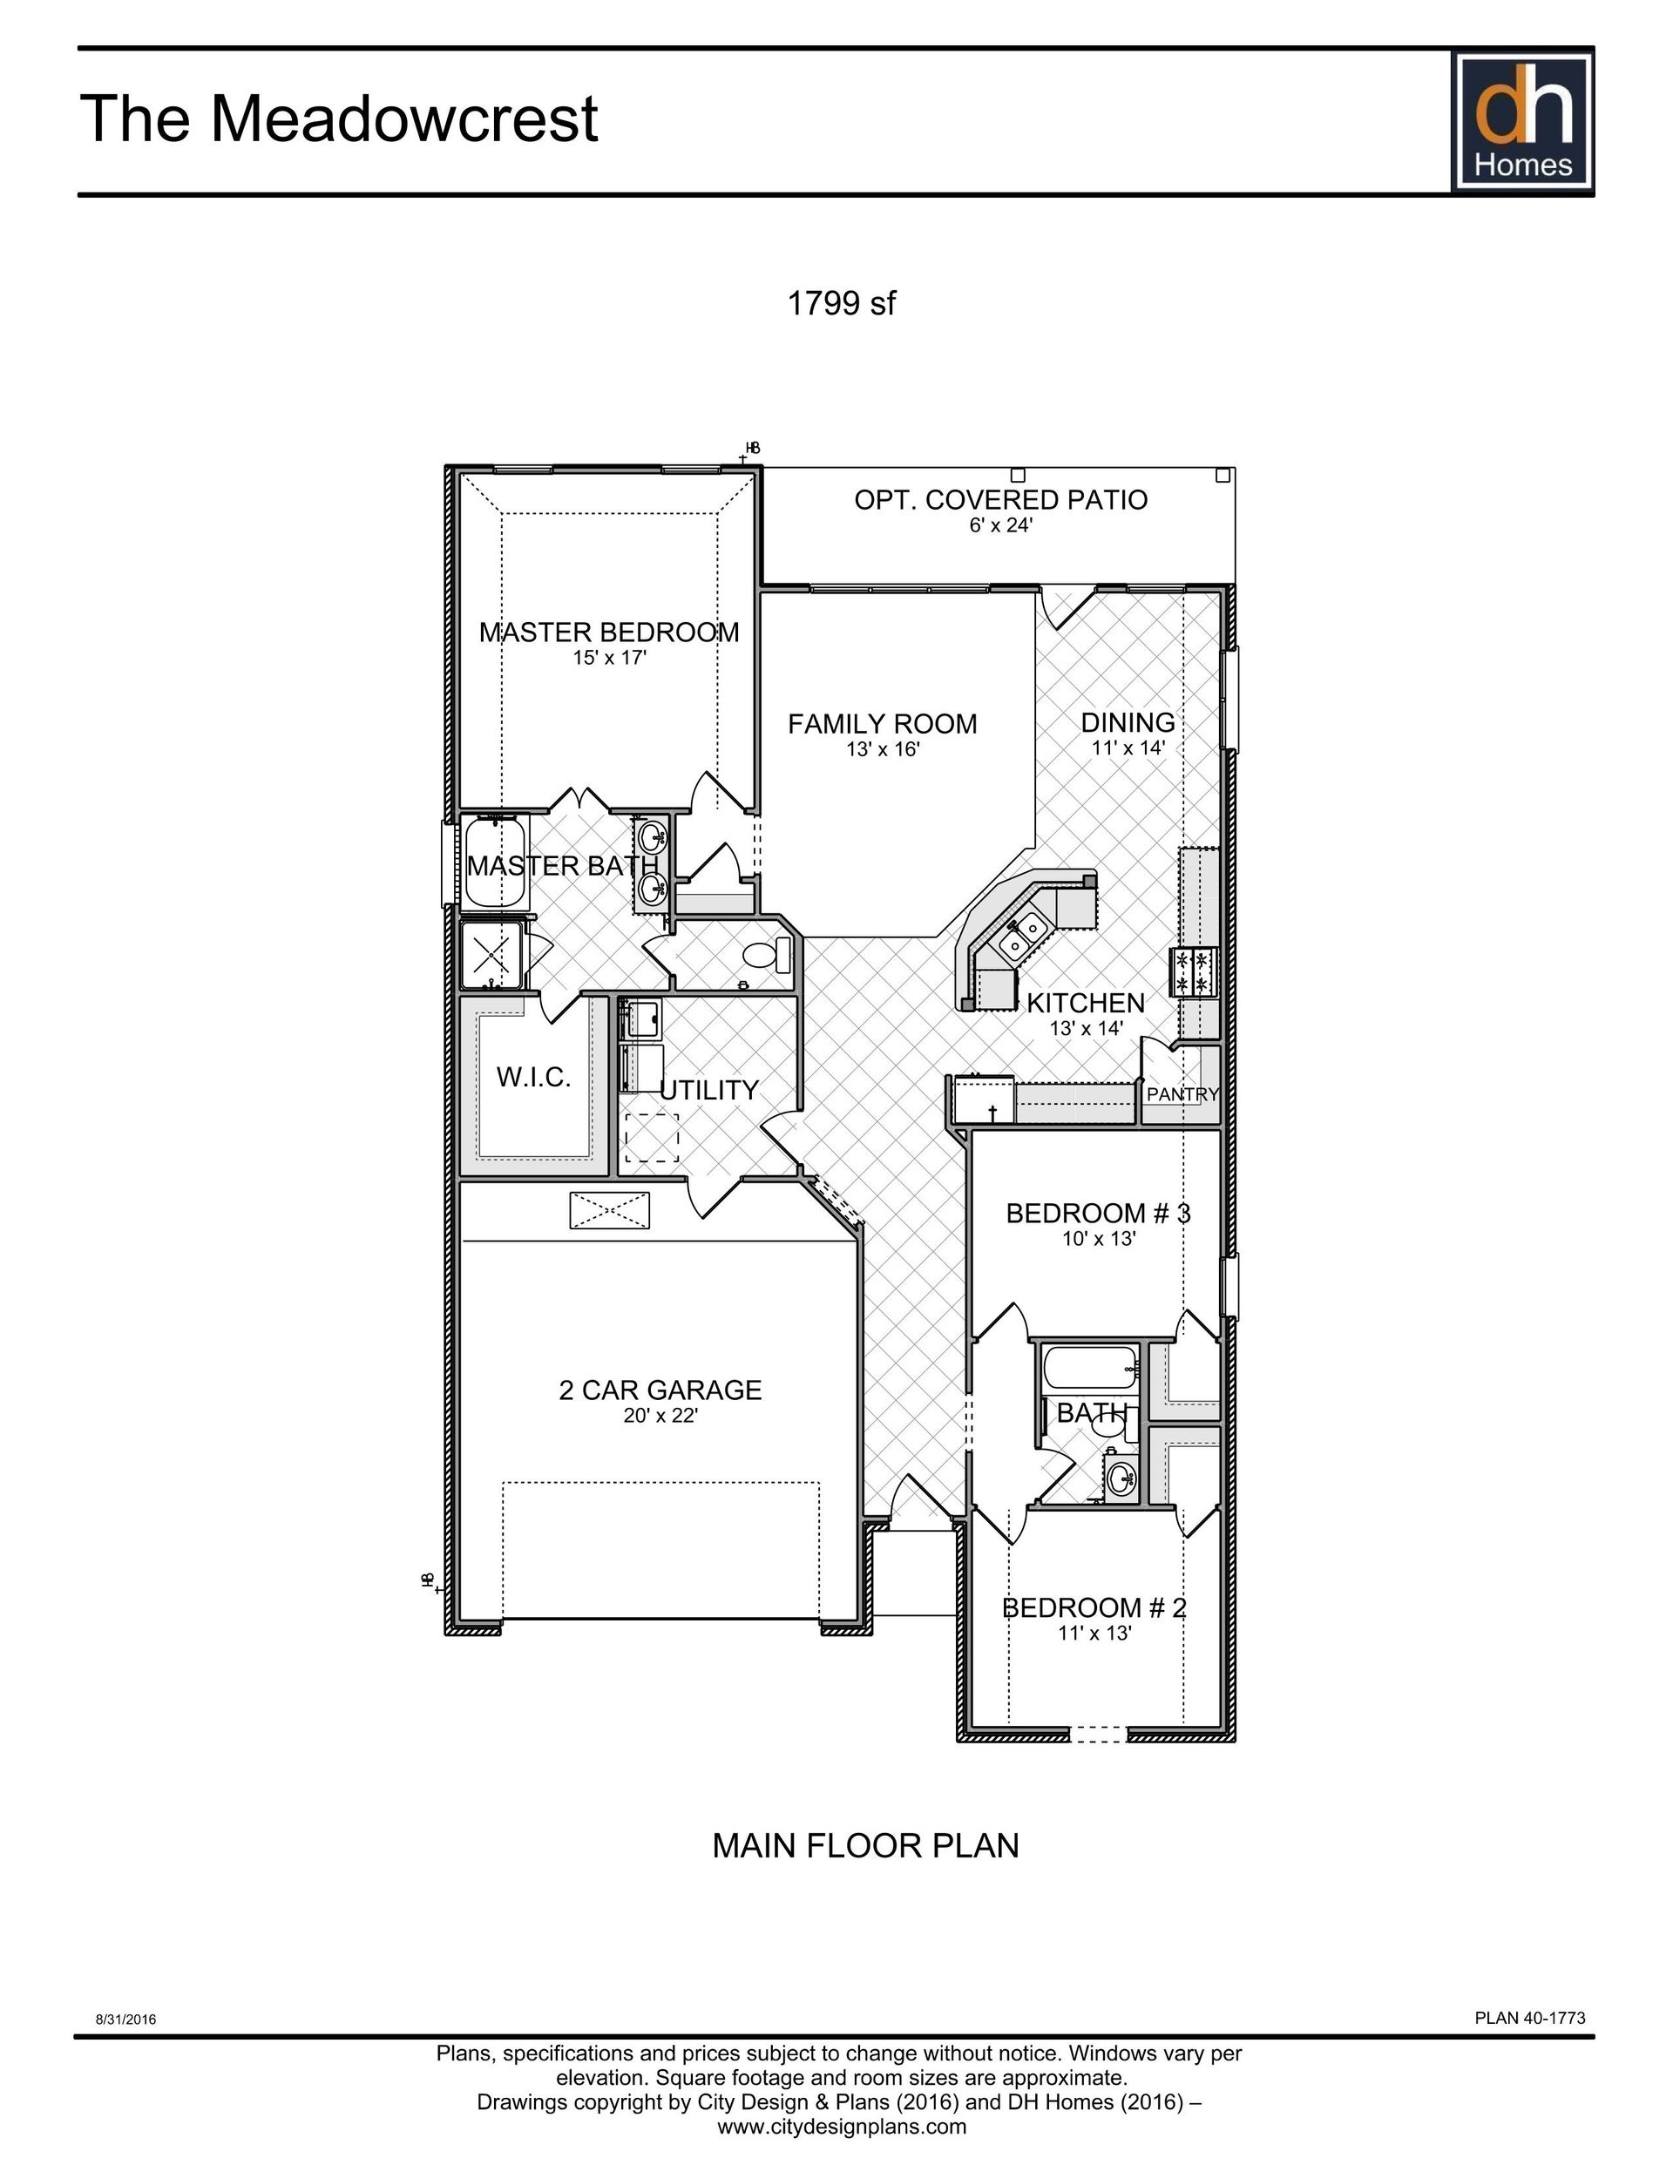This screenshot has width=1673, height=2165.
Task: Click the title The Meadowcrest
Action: pyautogui.click(x=339, y=119)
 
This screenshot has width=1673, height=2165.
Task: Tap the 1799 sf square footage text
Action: pyautogui.click(x=840, y=303)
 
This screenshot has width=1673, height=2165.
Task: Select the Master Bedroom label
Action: pyautogui.click(x=609, y=633)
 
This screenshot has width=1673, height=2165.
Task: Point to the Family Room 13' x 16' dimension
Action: pyautogui.click(x=883, y=749)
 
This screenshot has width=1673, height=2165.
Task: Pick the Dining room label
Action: pyautogui.click(x=1128, y=722)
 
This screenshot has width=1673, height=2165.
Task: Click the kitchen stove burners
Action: pyautogui.click(x=1194, y=971)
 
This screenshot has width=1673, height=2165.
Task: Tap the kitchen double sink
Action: pyautogui.click(x=1022, y=937)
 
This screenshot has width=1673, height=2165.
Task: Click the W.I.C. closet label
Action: pyautogui.click(x=533, y=1078)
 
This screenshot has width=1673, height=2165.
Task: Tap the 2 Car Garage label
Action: pyautogui.click(x=660, y=1390)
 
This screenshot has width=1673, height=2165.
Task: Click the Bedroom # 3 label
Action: pyautogui.click(x=1098, y=1214)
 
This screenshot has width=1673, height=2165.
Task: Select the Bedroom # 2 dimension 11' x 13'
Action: pyautogui.click(x=1094, y=1633)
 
